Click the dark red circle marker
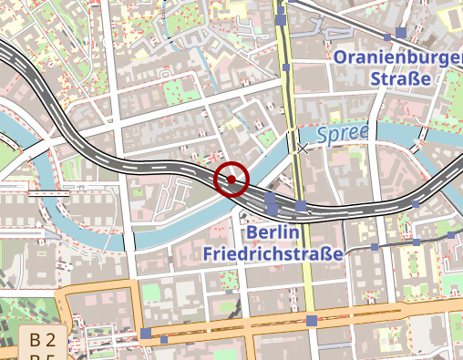[231, 180]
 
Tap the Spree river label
[343, 134]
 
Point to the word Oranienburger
[398, 58]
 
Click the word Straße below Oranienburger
[400, 78]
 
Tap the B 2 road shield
[43, 341]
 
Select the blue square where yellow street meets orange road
[312, 320]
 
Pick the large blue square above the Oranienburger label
[401, 33]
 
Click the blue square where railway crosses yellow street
[302, 207]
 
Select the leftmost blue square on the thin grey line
[375, 247]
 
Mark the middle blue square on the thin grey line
[417, 242]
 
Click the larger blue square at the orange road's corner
[146, 334]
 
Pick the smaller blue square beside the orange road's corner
[164, 340]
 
